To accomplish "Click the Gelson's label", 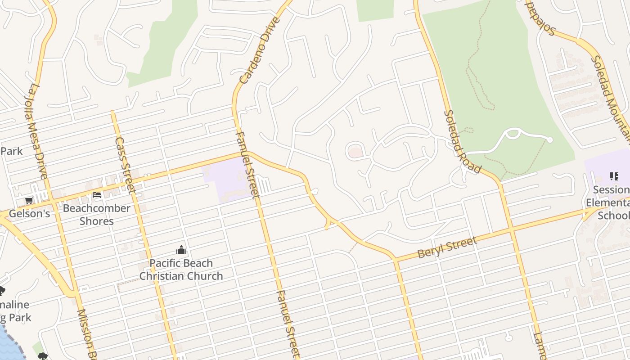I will (29, 213).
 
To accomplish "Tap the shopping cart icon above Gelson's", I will (29, 201).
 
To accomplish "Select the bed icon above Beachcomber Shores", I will (96, 195).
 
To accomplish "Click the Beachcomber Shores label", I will (96, 215).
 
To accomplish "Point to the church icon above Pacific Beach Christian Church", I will (181, 250).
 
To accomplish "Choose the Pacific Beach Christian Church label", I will (181, 269).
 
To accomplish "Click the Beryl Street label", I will (447, 247).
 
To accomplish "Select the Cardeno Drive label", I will (260, 51).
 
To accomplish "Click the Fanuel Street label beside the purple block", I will (247, 165).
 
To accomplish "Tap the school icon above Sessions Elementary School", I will (614, 176).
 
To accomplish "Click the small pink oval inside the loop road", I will (355, 152).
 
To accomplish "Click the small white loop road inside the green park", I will (513, 134).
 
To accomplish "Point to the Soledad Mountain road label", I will (610, 94).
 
